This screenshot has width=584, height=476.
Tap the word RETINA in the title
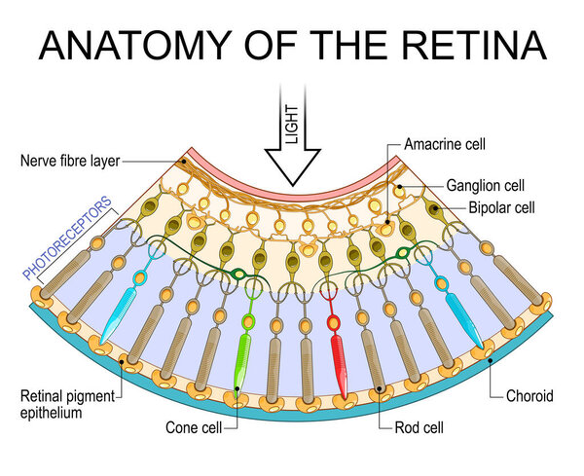click(473, 47)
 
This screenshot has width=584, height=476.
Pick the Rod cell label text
click(420, 426)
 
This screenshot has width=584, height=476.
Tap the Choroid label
click(529, 396)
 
